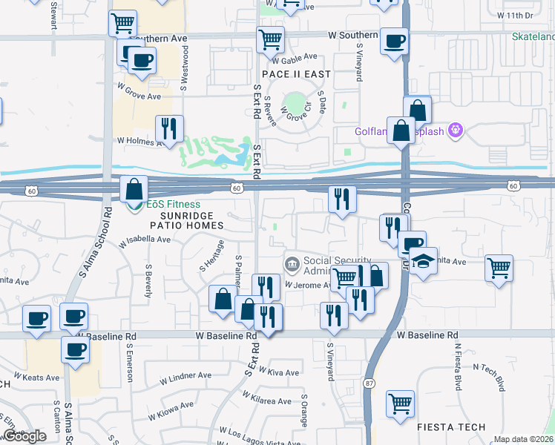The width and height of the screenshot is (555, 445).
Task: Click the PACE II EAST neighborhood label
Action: coord(295,75)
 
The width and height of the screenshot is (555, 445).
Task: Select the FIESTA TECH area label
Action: coord(451,427)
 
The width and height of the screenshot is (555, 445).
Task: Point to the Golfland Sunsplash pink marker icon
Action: coord(456,132)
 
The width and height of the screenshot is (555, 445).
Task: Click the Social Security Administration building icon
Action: coord(292,263)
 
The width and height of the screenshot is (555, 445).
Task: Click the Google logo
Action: coord(24,436)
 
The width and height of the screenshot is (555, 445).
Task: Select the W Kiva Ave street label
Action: coord(280,372)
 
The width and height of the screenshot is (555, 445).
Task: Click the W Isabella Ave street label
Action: coord(145,240)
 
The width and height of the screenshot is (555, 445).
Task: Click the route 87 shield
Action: coord(369,383)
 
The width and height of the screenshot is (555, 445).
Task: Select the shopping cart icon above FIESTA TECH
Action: coord(400,403)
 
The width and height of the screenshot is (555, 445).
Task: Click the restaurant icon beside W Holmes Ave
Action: coord(170,128)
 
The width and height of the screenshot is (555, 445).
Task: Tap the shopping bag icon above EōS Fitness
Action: coord(134,188)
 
